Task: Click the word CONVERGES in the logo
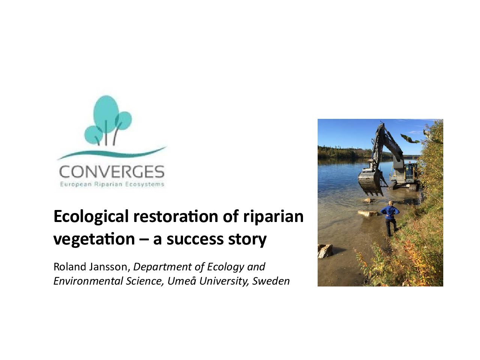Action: (112, 172)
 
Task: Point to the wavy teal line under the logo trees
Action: (112, 153)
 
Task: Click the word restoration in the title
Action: (176, 216)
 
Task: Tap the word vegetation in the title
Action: (94, 239)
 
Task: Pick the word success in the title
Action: (195, 239)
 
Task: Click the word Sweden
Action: (271, 281)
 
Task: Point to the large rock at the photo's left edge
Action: (325, 251)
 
